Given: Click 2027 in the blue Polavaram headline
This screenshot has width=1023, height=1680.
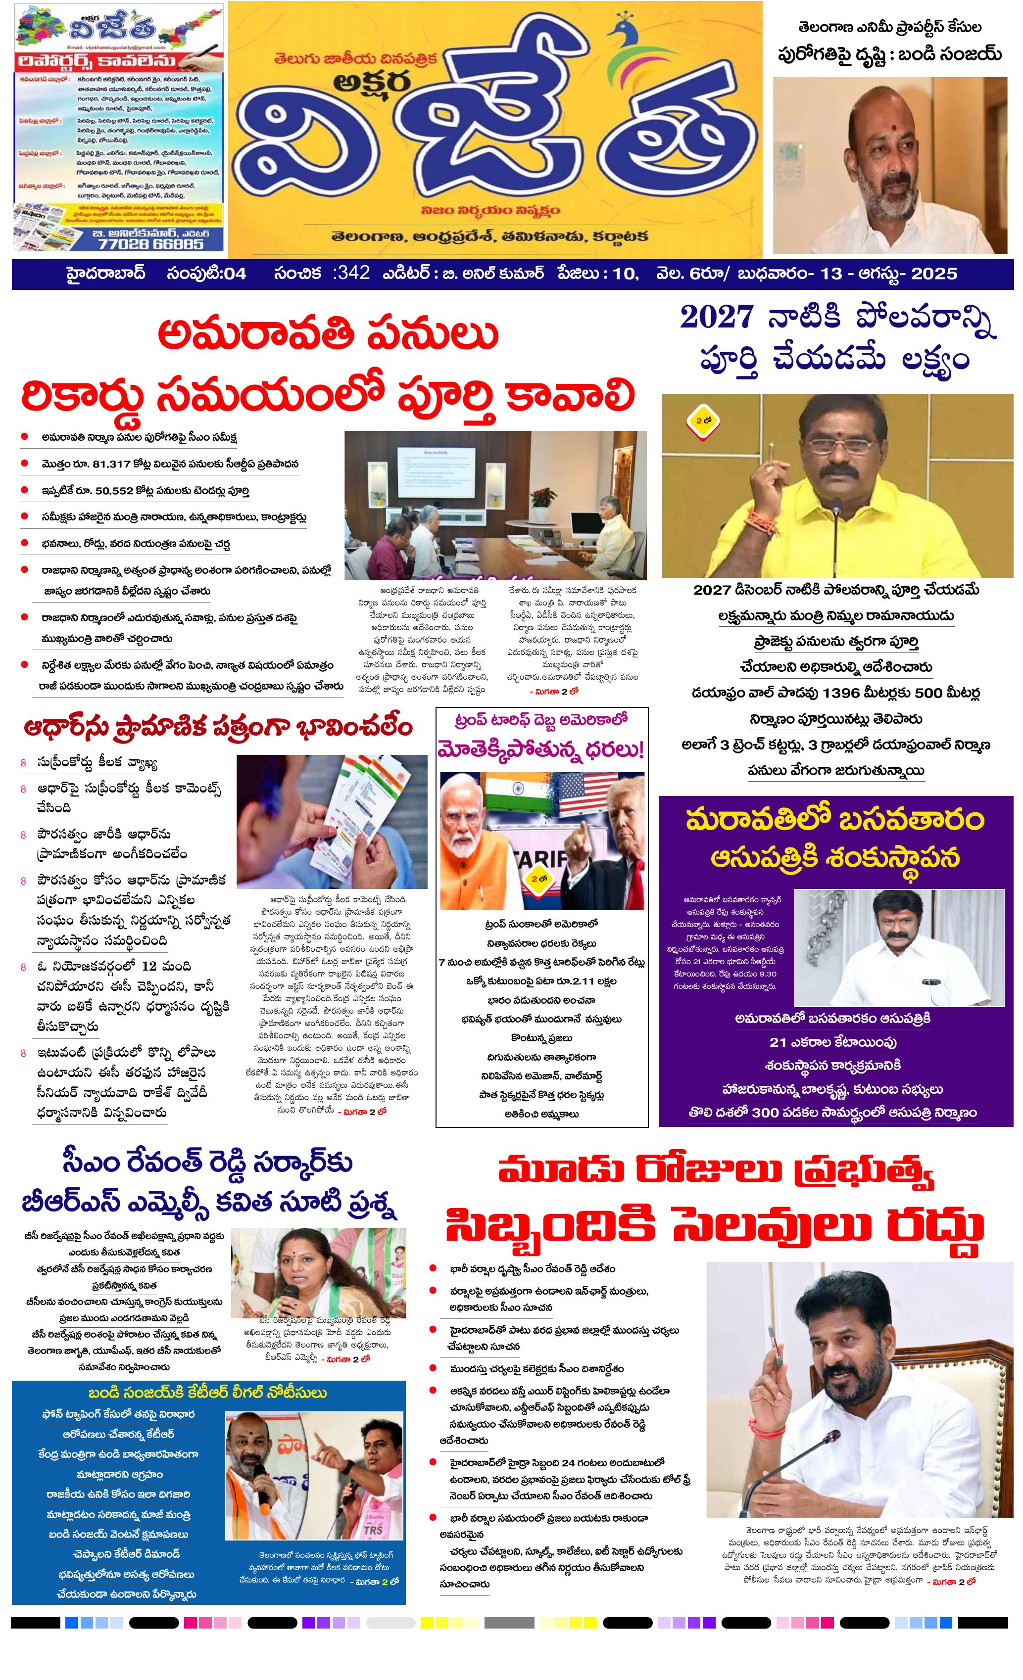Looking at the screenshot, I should pos(716,317).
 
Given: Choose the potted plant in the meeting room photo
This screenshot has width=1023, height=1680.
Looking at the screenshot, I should pos(540,499).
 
